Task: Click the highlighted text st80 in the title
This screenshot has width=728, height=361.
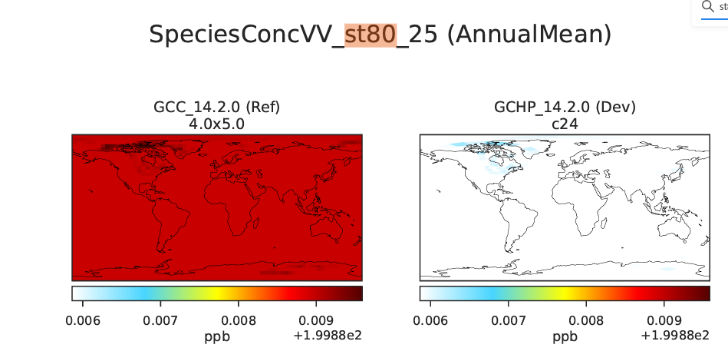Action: point(371,35)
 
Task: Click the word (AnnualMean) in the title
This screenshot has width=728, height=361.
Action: point(529,35)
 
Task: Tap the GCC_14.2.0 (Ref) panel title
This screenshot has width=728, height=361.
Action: point(217,106)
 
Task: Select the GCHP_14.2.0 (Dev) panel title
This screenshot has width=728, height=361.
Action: point(565,106)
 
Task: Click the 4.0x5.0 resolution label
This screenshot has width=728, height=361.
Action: point(217,121)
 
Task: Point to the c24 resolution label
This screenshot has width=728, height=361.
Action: point(565,121)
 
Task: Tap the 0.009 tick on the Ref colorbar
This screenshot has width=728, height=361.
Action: point(310,320)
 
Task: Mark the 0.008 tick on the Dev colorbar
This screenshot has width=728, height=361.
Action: point(583,320)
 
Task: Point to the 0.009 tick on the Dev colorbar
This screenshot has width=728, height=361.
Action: point(657,320)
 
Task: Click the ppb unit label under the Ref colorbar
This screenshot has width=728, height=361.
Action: point(217,336)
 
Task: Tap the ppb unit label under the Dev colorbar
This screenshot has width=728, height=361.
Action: point(565,336)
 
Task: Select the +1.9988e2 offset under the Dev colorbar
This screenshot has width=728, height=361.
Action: point(675,335)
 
